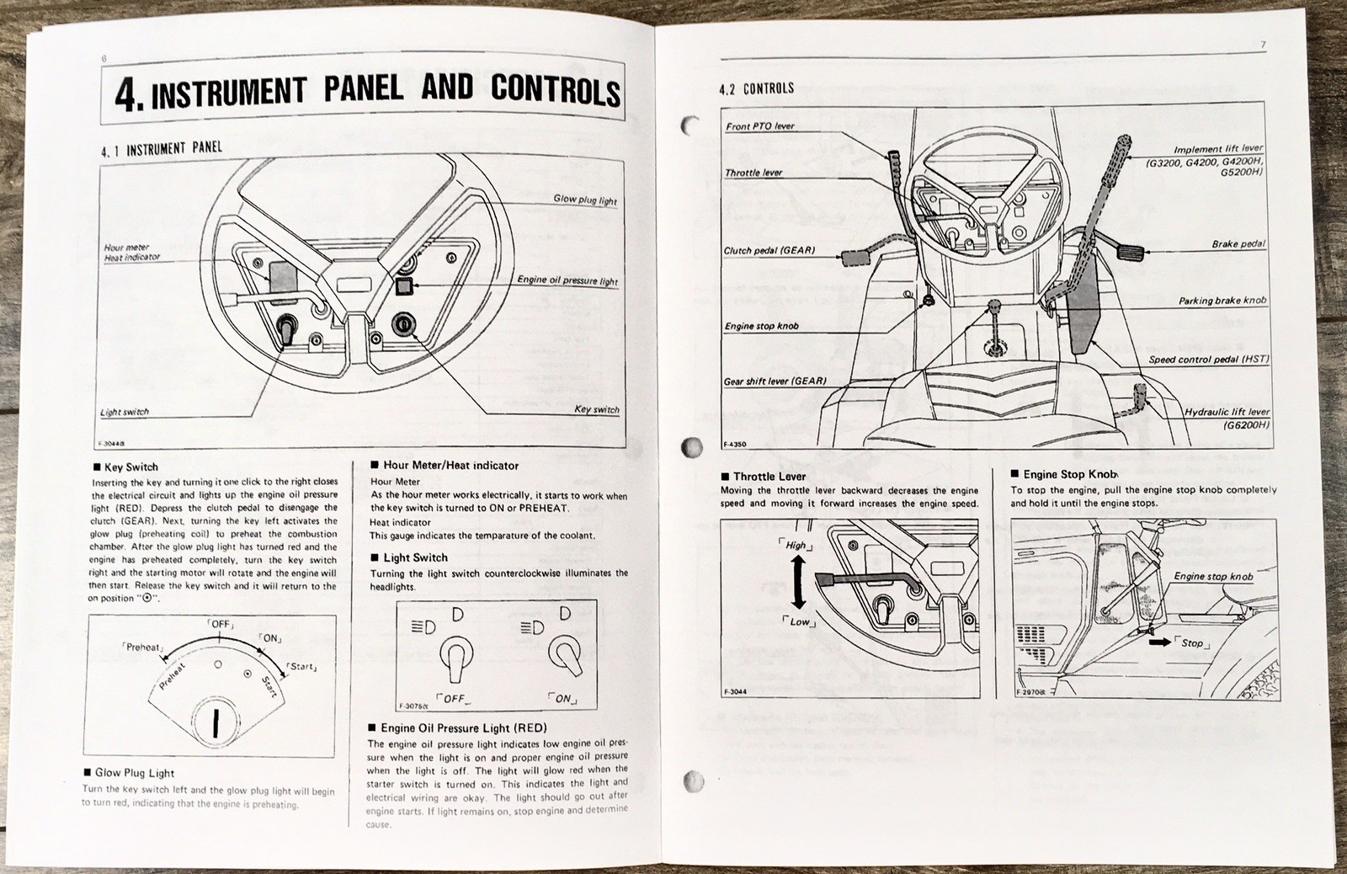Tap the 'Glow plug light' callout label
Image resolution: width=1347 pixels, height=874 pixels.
click(584, 200)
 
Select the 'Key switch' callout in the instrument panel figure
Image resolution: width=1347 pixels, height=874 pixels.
click(596, 410)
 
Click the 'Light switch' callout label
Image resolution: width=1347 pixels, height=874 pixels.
click(125, 413)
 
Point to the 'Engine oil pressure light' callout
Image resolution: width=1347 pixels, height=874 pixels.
click(567, 281)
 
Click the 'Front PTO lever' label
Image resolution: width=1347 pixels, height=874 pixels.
click(759, 126)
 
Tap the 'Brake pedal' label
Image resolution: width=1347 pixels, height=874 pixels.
click(1238, 244)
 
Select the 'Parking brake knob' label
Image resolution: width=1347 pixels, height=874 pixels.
click(1222, 301)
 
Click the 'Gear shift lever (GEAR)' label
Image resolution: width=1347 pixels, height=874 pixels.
click(775, 381)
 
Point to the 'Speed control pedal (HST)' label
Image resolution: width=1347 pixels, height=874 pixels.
click(1209, 360)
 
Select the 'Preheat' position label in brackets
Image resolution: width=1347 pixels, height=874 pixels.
click(142, 648)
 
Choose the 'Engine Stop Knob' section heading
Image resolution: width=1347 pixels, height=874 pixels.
click(1064, 475)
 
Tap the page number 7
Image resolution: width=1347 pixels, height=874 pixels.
click(1263, 45)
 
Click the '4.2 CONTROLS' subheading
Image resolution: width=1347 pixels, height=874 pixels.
click(756, 88)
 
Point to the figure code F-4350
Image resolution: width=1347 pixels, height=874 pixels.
click(734, 445)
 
